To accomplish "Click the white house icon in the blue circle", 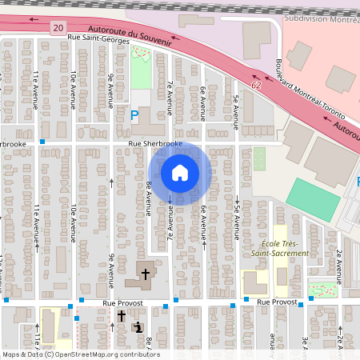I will (180, 172).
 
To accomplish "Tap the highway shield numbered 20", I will (57, 28).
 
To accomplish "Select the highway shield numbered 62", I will (255, 83).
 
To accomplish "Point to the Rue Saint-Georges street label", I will (99, 38).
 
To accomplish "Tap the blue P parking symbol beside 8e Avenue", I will (134, 115).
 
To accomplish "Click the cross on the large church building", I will (146, 274).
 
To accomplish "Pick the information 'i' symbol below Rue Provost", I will (139, 326).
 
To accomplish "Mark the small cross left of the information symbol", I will (122, 317).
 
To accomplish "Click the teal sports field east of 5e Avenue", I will (313, 199).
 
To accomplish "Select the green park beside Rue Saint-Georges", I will (141, 70).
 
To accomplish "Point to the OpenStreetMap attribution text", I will (81, 354).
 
